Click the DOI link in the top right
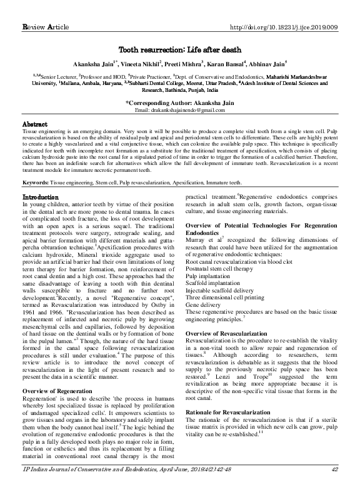(284, 9)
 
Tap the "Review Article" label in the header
(46, 9)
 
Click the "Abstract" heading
(35, 125)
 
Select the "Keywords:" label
(36, 183)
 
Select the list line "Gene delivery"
(206, 305)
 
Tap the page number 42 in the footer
(335, 486)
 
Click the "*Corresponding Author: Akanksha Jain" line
(180, 102)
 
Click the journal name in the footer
(119, 486)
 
